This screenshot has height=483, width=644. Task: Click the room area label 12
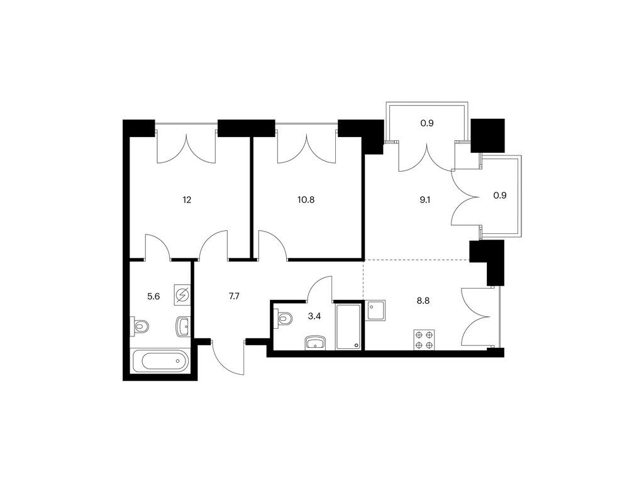pos(187,200)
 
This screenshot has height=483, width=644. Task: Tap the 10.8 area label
pos(306,200)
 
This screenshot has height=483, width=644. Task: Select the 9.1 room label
pos(426,200)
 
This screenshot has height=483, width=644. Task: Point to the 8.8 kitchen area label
pos(423,301)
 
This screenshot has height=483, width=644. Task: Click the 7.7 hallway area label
pos(234,296)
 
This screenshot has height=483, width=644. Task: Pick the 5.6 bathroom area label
pos(153,296)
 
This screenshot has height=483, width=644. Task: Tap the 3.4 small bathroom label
pos(314,316)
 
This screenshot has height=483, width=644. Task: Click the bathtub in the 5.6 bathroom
pos(160,362)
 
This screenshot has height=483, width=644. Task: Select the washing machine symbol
pos(182,295)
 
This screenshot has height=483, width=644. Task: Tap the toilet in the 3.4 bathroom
pos(284,318)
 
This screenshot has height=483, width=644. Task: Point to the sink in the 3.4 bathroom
pos(315,343)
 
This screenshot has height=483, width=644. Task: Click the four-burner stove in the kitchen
pos(425,340)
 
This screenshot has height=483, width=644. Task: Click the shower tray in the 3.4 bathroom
pos(348,326)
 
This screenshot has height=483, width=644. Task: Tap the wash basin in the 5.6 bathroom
pos(183,327)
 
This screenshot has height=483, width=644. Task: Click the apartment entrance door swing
pos(228,357)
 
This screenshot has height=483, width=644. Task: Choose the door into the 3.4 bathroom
pos(319,289)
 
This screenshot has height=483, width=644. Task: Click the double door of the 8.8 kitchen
pos(477,317)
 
